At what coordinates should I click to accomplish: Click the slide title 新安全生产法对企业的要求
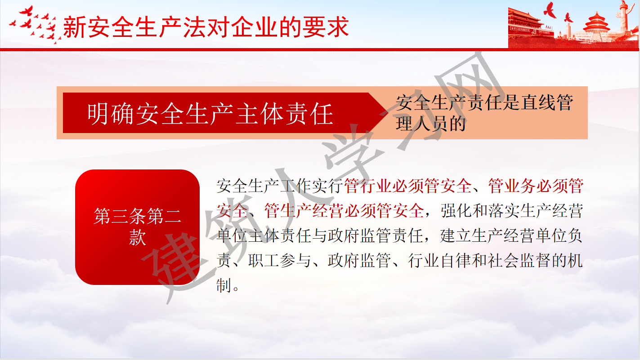206,27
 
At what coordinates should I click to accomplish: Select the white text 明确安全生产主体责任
210,114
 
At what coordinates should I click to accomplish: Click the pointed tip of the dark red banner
388,113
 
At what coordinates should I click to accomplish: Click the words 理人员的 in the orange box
431,124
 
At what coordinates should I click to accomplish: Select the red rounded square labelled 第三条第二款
137,227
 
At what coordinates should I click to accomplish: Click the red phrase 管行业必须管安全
408,186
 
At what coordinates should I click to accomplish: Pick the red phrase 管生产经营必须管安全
344,211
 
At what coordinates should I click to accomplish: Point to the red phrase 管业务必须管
536,186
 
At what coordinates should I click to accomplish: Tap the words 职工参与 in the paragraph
280,261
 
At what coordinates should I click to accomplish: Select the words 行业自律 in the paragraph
440,261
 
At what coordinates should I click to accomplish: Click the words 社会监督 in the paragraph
520,261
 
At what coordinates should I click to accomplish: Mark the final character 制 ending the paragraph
224,285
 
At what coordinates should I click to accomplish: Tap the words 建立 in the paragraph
456,236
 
